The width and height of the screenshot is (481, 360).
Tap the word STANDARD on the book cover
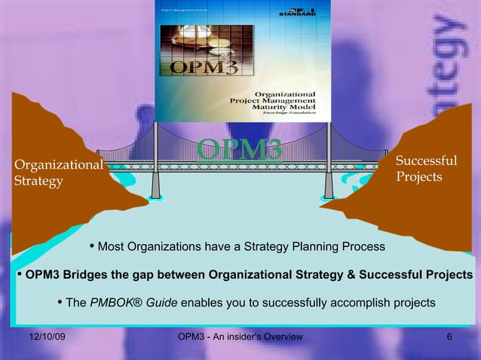[298, 14]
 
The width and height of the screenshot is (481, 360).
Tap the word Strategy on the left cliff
[38, 182]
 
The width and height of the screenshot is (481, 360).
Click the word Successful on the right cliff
[426, 160]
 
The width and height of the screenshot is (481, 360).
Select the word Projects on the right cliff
[418, 177]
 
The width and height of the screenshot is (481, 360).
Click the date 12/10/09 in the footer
[47, 336]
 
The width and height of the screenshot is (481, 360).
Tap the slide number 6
[449, 336]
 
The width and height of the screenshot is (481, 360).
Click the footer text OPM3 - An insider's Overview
[240, 336]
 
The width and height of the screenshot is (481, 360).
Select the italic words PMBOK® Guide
[133, 303]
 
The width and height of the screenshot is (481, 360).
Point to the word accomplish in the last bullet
[357, 303]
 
